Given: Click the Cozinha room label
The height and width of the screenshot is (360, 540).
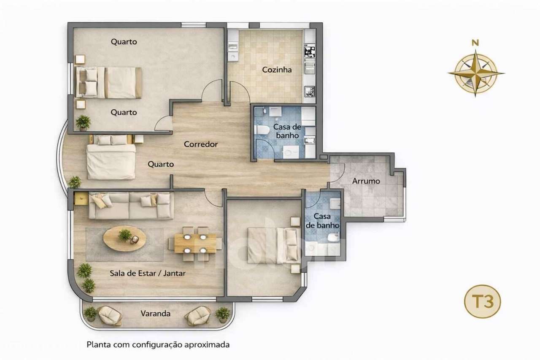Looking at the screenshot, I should coord(277,70).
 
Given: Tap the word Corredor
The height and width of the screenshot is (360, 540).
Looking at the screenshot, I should coord(201,144).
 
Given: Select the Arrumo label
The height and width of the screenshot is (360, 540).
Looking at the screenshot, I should coord(366,181).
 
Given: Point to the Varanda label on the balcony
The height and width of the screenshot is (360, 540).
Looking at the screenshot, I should coord(156,314).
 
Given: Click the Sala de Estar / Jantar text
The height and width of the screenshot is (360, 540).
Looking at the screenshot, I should coord(148,273).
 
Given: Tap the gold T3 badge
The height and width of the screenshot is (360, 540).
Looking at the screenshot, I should coord(482,302).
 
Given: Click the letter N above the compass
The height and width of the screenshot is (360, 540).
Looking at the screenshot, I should coord(475,42).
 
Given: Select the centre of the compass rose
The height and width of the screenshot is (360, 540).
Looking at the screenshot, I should coord(476,73).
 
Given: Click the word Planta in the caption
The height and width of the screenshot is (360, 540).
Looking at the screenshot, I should coord(98,344).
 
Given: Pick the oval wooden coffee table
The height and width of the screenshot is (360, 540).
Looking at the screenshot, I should coord(125,238).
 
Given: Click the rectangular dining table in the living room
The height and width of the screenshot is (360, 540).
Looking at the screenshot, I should coord(195,243).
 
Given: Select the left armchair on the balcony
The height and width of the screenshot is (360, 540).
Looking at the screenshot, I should coord(109,315).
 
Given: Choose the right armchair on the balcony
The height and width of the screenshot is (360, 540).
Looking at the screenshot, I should coord(197,315).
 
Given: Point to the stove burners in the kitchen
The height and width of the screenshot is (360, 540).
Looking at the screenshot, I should coord(309,51).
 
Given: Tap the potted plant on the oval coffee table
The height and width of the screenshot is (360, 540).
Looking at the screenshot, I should coord(125,235).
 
